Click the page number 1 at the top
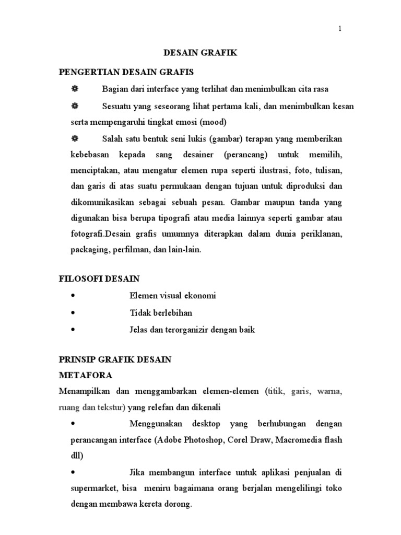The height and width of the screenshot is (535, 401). click(x=340, y=29)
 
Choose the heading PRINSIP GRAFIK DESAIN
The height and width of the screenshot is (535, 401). click(x=115, y=360)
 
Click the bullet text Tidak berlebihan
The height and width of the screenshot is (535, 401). click(x=161, y=312)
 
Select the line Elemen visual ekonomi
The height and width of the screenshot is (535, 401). click(x=172, y=296)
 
